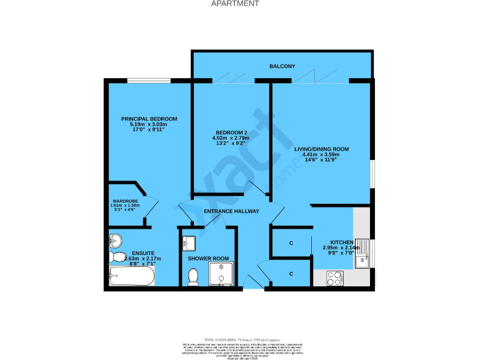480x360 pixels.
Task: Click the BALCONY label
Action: [x=282, y=66]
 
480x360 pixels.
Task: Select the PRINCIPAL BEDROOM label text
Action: [x=149, y=119]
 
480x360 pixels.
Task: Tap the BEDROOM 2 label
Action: [x=231, y=132]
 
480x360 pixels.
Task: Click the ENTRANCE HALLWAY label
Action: [x=231, y=211]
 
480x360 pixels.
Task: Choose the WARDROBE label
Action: [x=125, y=201]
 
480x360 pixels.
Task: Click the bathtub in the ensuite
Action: [x=131, y=276]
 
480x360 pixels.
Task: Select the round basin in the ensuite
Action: [x=114, y=241]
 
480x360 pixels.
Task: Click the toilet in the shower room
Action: [x=193, y=276]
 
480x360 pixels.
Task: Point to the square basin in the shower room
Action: [x=191, y=242]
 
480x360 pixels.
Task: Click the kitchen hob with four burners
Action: [x=334, y=277]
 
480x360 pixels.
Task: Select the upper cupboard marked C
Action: [x=291, y=243]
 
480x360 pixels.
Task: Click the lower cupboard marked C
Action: [x=291, y=274]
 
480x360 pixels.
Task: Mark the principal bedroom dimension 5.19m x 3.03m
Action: [x=149, y=125]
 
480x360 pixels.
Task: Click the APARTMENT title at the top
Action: [x=235, y=4]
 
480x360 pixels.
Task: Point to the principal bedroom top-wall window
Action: [x=147, y=81]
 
